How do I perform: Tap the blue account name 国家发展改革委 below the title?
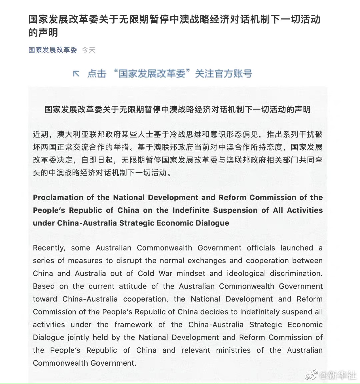(53, 50)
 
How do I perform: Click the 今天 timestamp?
(89, 50)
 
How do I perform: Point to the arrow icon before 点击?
(76, 74)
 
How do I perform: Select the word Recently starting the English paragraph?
(49, 248)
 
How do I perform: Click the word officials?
(261, 248)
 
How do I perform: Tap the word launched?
(297, 248)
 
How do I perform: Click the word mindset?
(191, 273)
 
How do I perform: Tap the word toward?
(45, 299)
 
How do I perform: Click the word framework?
(133, 325)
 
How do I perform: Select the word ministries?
(233, 350)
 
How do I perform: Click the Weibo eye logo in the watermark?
(311, 376)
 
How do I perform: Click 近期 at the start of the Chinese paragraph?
(41, 135)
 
